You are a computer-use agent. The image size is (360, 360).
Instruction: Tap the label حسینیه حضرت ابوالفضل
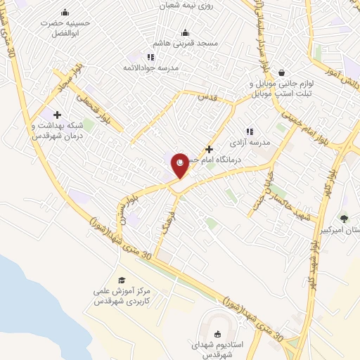65,27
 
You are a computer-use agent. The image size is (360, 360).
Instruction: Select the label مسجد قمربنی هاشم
186,43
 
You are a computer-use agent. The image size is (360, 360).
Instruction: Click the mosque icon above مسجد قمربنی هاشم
186,32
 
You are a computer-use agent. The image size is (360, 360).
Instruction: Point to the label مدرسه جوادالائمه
150,68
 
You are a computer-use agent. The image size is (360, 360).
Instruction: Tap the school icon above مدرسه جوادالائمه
150,57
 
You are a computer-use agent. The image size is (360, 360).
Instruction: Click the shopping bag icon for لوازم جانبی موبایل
282,72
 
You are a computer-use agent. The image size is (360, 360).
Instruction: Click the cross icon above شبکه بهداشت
57,115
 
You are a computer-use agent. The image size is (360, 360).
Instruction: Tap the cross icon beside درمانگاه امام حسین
209,149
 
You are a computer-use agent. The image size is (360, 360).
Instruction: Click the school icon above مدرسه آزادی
249,131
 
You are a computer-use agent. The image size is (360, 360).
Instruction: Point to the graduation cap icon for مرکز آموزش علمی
121,280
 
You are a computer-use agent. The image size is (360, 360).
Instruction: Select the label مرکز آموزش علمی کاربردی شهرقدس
122,295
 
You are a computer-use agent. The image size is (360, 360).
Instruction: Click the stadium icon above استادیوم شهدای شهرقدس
217,335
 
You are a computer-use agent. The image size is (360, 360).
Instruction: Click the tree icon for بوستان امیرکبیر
344,219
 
